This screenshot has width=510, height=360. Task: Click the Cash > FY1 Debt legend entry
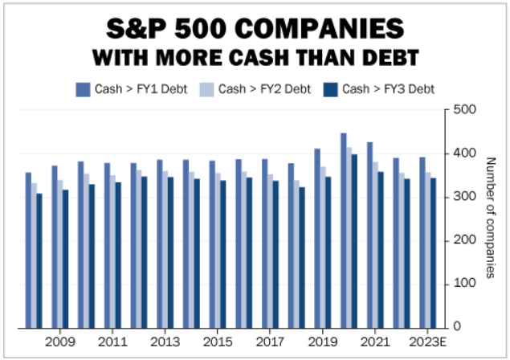(132, 89)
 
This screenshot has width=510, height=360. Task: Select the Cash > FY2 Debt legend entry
(255, 89)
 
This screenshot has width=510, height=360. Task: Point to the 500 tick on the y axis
(465, 110)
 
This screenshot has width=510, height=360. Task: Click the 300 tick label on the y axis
(465, 197)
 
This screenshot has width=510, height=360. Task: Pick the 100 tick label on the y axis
(465, 284)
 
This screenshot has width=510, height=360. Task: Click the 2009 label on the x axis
(60, 342)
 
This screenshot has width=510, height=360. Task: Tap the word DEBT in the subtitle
(392, 59)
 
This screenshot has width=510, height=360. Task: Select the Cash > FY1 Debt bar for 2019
(317, 238)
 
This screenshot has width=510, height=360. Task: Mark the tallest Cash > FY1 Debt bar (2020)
(343, 230)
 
